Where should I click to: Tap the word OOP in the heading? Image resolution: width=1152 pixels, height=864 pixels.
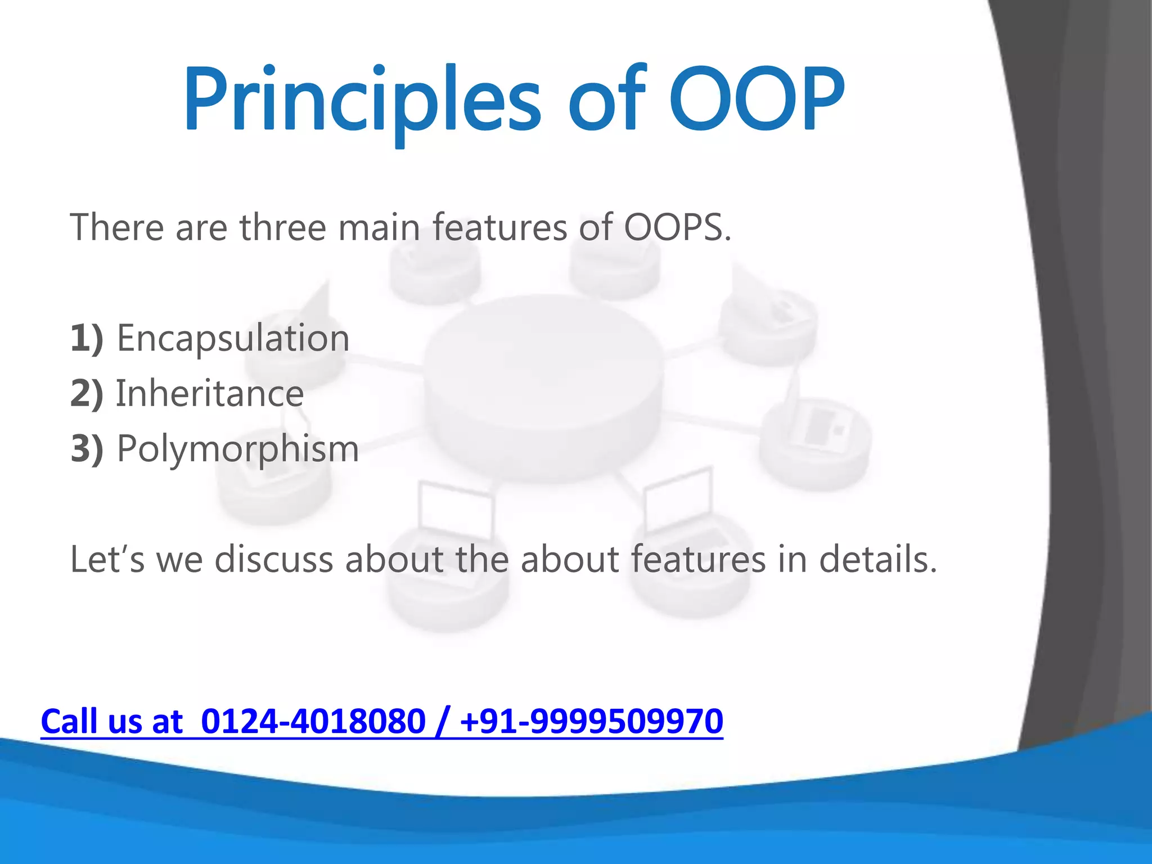coord(757,100)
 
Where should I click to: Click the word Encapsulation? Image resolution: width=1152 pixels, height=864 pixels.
coord(233,339)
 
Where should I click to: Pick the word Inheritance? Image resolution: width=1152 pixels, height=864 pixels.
coord(210,394)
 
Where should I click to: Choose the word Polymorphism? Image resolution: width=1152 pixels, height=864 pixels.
coord(237,449)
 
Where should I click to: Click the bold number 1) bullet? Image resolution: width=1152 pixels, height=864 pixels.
coord(87,339)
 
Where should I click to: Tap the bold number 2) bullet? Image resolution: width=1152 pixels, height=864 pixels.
coord(87,394)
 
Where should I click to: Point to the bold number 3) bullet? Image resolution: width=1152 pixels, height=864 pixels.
coord(87,449)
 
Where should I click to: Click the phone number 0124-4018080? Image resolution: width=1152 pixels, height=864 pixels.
coord(313,722)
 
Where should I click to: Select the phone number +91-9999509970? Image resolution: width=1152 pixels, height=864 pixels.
coord(591,722)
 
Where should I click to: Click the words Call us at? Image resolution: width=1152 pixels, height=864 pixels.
coord(112,722)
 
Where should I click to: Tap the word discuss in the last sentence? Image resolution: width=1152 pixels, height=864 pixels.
coord(274,560)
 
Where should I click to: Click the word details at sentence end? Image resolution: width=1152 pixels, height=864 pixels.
coord(877,560)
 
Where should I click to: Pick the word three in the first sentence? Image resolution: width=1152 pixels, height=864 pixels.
coord(283,228)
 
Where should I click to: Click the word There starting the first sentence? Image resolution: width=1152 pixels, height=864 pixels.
coord(116,228)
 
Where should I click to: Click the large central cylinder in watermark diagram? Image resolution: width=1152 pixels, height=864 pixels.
coord(542,388)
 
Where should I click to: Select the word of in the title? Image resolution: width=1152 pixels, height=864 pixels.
coord(607,100)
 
